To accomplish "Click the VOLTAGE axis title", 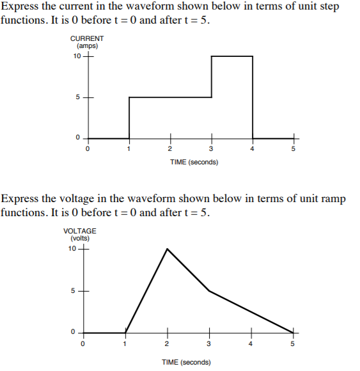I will click(80, 231).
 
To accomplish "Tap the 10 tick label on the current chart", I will click(77, 56).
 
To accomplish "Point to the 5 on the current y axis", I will click(79, 97).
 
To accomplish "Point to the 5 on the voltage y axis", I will click(74, 291).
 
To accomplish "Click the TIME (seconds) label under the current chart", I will click(194, 162).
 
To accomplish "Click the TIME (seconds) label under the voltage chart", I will click(186, 362).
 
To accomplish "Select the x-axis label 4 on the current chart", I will click(252, 149).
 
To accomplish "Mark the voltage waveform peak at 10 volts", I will click(168, 249).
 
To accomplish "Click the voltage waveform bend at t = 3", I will click(210, 291).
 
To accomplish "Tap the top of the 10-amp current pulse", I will click(231, 56).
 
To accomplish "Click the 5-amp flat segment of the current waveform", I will click(170, 97).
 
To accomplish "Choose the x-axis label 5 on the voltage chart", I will click(293, 344).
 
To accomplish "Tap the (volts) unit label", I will click(80, 238).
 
